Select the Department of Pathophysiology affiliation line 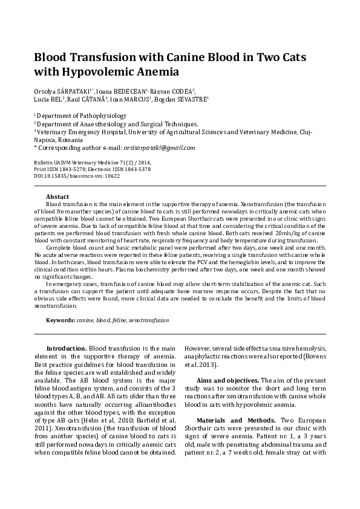click(77, 114)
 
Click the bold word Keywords click(61, 319)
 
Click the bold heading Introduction click(67, 349)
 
